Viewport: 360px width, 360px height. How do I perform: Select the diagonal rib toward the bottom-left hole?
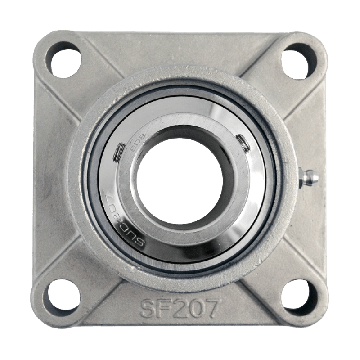95,270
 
